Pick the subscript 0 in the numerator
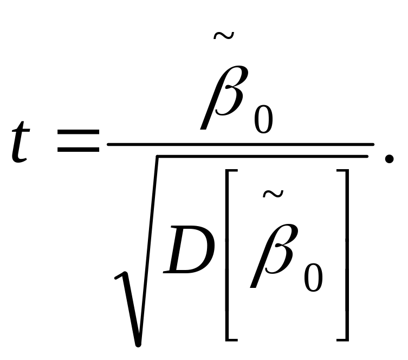(x=263, y=117)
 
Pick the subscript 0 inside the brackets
(x=313, y=279)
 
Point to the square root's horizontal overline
(x=260, y=157)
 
